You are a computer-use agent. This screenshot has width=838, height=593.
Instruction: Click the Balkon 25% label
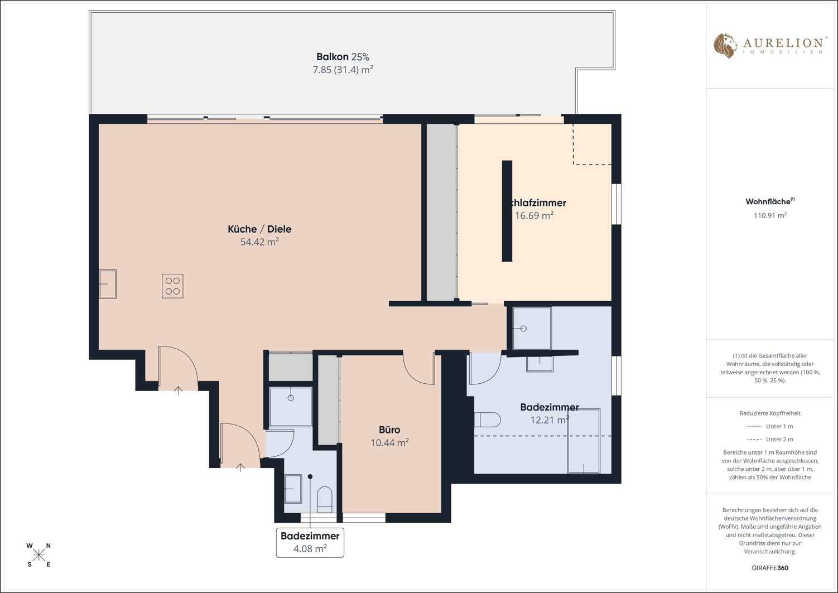(x=343, y=57)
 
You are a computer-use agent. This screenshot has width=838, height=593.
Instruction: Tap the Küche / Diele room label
(x=259, y=229)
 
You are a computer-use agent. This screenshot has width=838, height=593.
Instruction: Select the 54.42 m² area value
(x=259, y=242)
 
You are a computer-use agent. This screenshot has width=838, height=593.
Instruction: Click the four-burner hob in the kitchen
(x=172, y=286)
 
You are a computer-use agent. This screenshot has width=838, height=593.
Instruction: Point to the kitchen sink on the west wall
(x=108, y=284)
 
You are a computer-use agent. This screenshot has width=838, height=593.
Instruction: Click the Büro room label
(x=389, y=430)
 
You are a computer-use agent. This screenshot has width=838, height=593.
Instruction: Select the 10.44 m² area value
(x=389, y=442)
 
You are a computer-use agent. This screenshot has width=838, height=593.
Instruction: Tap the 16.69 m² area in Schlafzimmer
(x=534, y=215)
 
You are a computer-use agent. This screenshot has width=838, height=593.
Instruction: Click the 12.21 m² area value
(x=550, y=420)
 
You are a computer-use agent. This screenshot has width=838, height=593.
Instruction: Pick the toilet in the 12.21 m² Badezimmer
(x=488, y=420)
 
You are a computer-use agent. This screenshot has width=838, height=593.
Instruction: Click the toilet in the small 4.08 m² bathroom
(x=324, y=499)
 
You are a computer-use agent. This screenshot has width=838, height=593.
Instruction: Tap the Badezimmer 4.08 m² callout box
(x=310, y=542)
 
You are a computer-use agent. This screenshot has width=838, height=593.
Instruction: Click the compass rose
(x=38, y=555)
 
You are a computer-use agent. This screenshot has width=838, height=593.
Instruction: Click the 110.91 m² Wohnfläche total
(x=770, y=215)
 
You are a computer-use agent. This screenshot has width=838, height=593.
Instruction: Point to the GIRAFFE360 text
(x=770, y=568)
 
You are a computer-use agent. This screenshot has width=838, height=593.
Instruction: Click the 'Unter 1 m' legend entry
(x=770, y=426)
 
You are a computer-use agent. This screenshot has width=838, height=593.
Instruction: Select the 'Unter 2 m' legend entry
(x=770, y=439)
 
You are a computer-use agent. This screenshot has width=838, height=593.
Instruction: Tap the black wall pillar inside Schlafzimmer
(x=507, y=211)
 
